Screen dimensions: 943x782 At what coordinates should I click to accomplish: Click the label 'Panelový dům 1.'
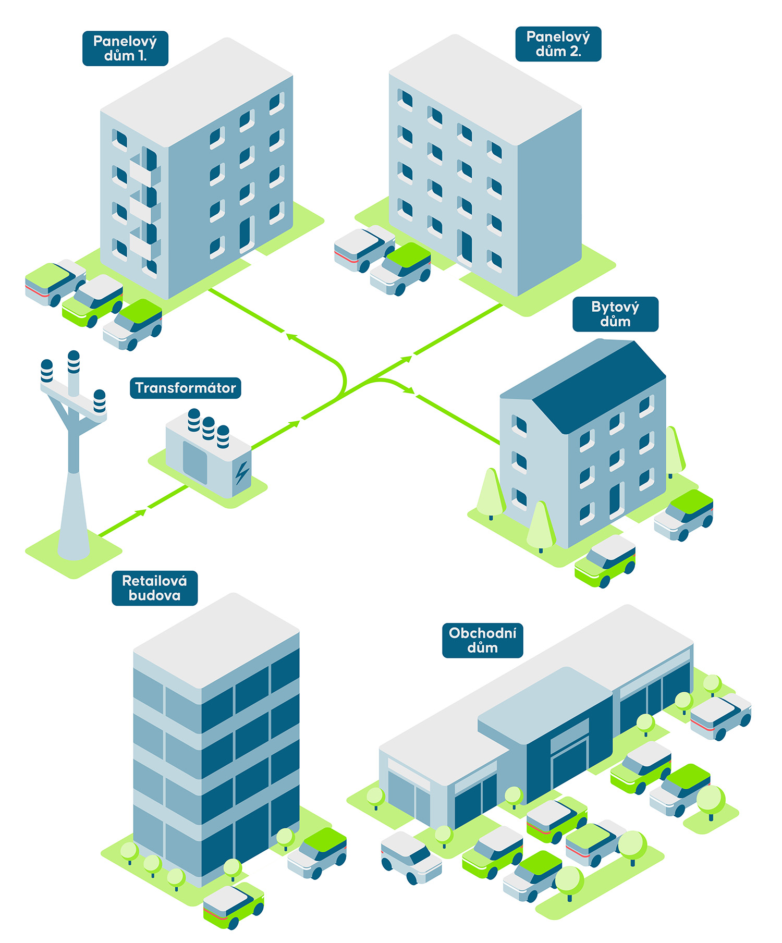point(125,48)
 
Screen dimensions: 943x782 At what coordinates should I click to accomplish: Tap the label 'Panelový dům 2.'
point(558,44)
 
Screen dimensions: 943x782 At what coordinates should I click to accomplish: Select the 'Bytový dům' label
point(615,314)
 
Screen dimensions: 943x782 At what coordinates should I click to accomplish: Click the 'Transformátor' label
point(185,388)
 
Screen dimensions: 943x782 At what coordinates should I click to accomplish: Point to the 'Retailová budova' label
point(154,588)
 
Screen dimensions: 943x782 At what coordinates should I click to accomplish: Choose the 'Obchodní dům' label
point(482,640)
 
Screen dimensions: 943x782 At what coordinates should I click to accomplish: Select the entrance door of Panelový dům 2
point(465,247)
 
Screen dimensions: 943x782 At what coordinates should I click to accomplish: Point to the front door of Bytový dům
point(616,500)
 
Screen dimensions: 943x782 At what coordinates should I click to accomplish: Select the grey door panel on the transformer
point(195,462)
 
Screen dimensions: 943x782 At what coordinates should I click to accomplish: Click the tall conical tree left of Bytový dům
point(490,493)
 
